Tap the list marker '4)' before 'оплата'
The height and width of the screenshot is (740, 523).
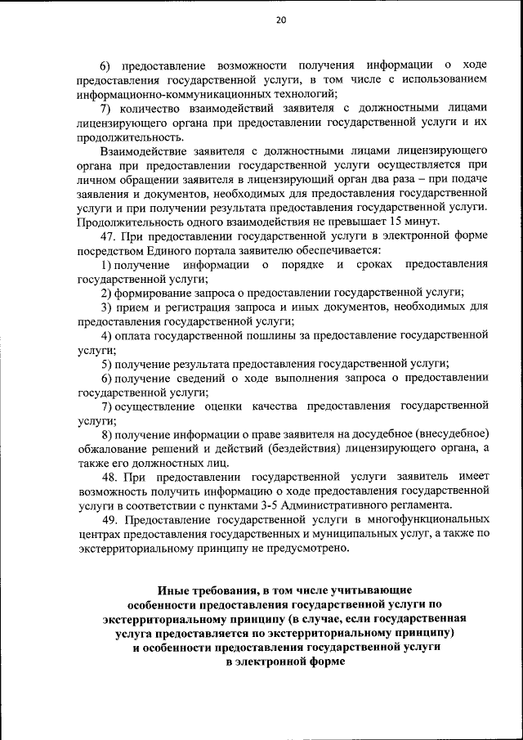pyautogui.click(x=107, y=335)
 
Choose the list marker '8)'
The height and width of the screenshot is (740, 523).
pyautogui.click(x=107, y=433)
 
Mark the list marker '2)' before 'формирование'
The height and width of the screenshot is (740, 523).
pyautogui.click(x=107, y=293)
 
